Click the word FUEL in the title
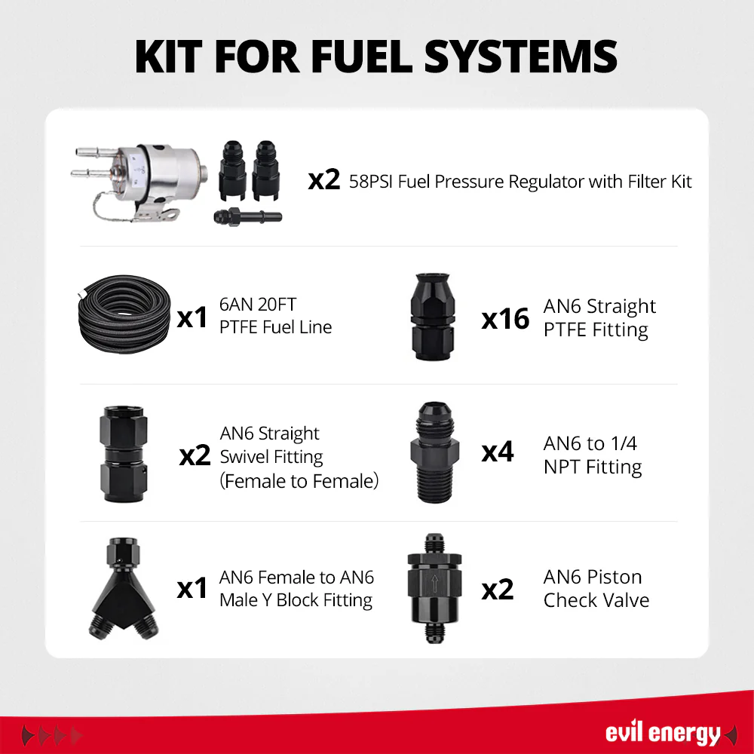click(362, 57)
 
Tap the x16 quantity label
click(505, 319)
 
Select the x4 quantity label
click(497, 452)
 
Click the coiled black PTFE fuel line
click(124, 314)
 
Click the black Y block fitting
click(124, 589)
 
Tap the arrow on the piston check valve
click(435, 584)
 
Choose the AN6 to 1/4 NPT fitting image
click(435, 452)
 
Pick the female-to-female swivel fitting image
click(124, 455)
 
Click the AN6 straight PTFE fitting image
click(433, 317)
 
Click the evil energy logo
click(663, 733)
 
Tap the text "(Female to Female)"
click(299, 481)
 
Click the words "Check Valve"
click(596, 600)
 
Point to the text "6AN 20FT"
click(258, 305)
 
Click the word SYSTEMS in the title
click(520, 57)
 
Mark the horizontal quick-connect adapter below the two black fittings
click(247, 217)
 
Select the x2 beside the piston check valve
click(497, 590)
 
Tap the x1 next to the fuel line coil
click(192, 318)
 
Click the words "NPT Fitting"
click(593, 467)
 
